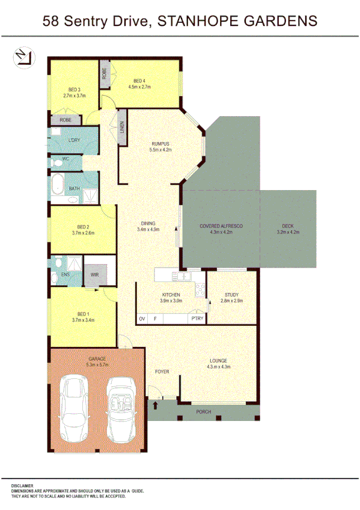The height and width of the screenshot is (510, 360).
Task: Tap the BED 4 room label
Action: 139,81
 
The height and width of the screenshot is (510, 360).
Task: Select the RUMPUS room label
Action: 161,144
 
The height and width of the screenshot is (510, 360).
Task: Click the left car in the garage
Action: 75,409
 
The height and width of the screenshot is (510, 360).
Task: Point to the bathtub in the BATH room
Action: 57,184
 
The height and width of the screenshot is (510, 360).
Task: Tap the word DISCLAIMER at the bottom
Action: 22,485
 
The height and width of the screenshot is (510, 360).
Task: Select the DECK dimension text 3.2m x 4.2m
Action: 288,232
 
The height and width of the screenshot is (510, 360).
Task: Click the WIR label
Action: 94,274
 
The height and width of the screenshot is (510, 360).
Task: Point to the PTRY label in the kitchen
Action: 197,319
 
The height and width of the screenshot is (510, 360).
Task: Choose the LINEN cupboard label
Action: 122,127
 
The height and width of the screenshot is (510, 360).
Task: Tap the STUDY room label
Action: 231,295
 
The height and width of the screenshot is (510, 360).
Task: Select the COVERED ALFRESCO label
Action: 221,226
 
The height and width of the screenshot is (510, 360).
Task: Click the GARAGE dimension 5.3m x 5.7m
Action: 97,365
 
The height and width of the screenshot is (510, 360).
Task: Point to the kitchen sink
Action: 183,276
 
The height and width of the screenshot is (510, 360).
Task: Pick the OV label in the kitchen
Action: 142,319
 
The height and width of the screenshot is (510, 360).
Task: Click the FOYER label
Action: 162,372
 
